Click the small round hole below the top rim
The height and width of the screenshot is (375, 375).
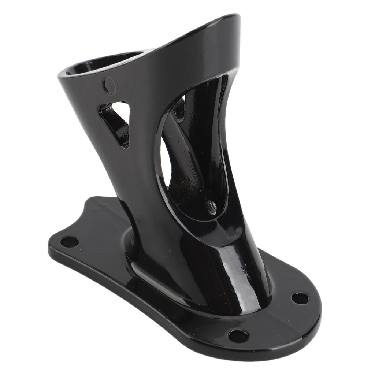point(109,86)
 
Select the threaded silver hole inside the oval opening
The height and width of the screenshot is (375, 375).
point(211,207)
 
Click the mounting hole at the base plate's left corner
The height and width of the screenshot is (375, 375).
point(69,242)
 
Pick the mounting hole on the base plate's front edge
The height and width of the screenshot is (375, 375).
point(238,335)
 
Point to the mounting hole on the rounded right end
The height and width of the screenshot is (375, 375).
point(300,298)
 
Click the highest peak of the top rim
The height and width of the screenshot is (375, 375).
point(231,17)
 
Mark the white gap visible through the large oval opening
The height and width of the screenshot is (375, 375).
point(165,161)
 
